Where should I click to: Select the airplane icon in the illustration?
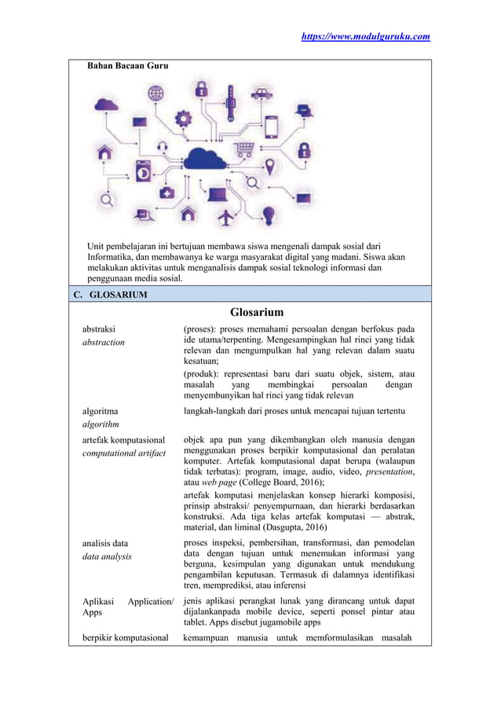click(x=225, y=215)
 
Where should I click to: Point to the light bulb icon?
click(x=269, y=215)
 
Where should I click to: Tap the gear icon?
click(x=183, y=119)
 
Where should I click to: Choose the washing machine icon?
click(x=143, y=171)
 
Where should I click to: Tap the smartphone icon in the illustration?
click(x=271, y=127)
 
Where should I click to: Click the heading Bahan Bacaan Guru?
click(x=127, y=66)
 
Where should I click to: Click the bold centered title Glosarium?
click(x=256, y=313)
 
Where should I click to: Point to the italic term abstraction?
click(x=104, y=343)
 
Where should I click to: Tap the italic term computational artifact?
click(x=124, y=454)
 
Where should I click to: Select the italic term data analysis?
click(x=108, y=556)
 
